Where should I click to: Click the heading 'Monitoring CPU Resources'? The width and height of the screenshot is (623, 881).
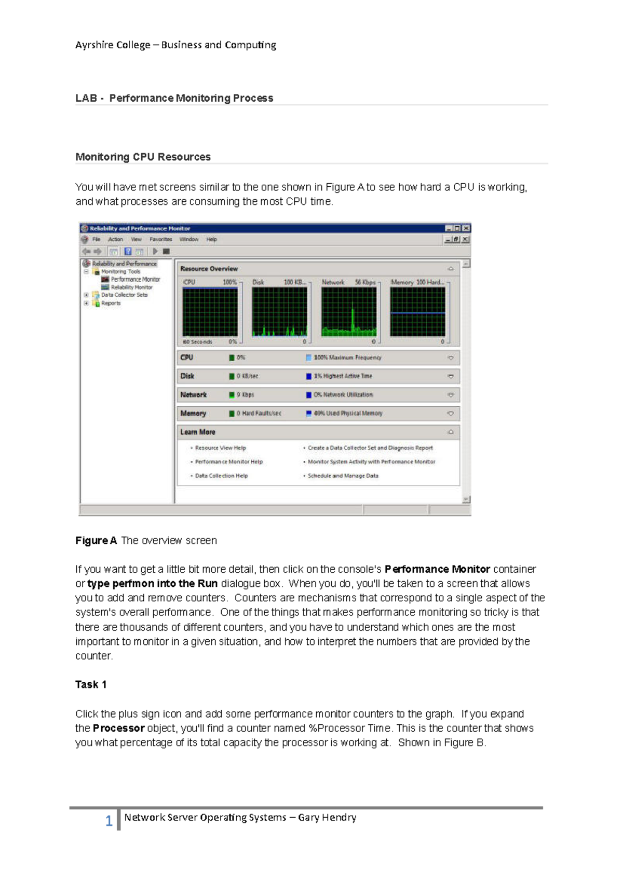point(143,157)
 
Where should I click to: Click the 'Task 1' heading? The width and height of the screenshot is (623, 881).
point(91,684)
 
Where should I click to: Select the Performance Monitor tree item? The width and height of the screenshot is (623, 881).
point(135,279)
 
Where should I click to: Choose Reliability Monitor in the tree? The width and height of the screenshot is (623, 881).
point(131,287)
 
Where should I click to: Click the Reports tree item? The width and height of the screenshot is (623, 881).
point(111,303)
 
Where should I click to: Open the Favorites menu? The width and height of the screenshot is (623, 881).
point(160,239)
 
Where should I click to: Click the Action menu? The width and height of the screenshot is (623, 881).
point(115,239)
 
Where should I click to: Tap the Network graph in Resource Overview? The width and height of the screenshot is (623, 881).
point(348,311)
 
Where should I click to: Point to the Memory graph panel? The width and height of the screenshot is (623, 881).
point(417,311)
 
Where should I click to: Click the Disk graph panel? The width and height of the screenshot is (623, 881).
point(279,311)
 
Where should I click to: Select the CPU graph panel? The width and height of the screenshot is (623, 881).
point(210,311)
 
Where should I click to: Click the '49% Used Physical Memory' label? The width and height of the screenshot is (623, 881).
point(347,414)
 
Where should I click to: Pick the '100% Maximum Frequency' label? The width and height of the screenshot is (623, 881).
point(347,357)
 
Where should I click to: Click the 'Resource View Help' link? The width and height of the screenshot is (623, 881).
point(220,448)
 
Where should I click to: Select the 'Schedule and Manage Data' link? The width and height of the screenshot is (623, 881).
point(343,476)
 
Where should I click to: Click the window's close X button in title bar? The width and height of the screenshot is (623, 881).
point(466,228)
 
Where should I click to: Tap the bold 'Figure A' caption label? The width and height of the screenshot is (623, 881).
point(96,541)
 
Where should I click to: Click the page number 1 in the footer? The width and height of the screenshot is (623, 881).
point(109,820)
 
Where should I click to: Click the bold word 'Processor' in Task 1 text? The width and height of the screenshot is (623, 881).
point(118,728)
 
